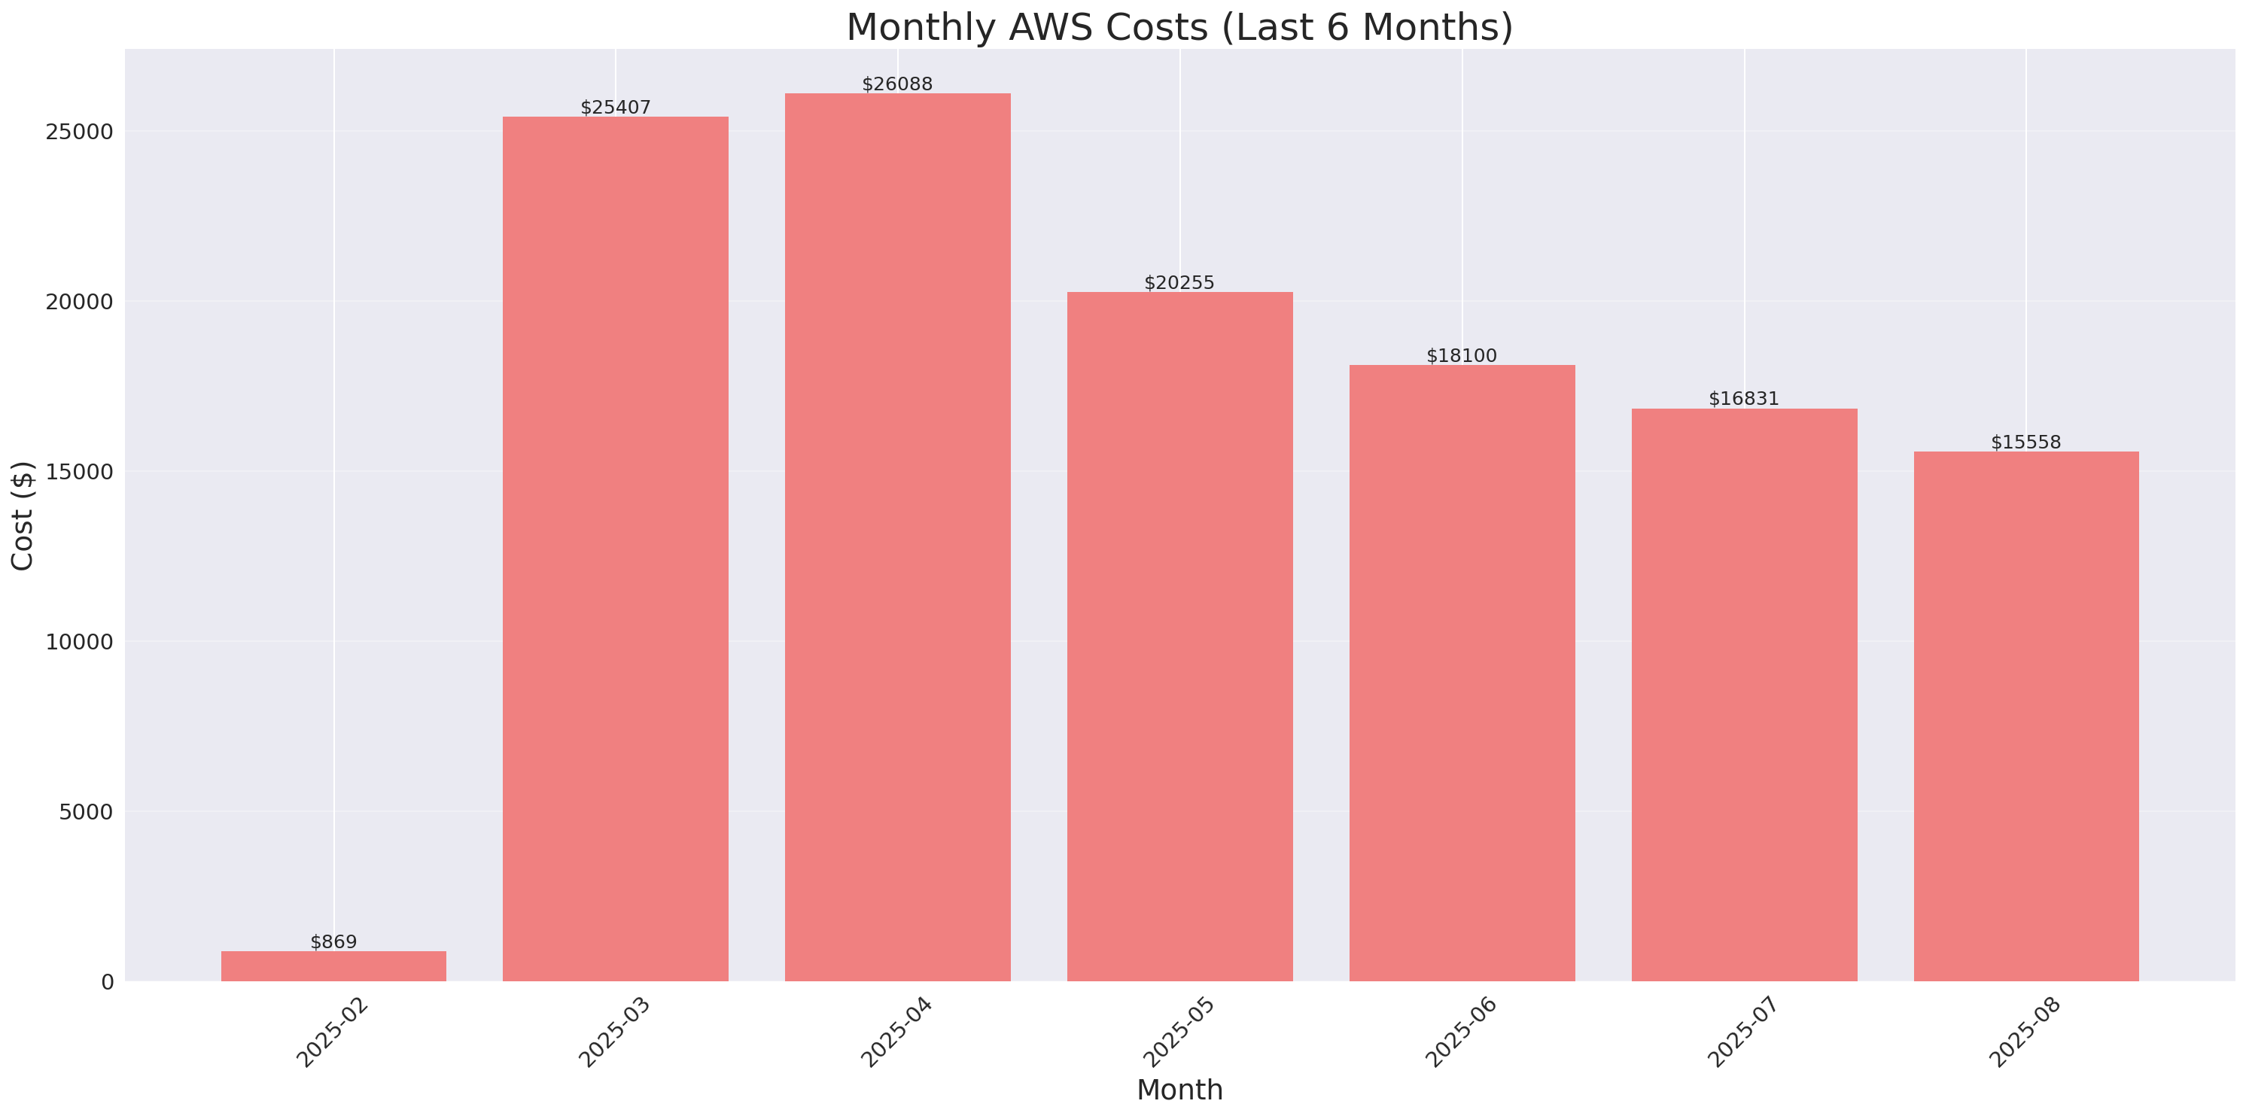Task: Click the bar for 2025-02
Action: [x=333, y=966]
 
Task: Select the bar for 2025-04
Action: [x=897, y=537]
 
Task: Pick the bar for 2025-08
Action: [x=2025, y=716]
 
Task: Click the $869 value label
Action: [x=333, y=941]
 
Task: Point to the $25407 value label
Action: [x=616, y=108]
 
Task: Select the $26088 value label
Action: [x=897, y=84]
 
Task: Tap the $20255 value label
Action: [x=1179, y=282]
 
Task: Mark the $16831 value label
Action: [x=1743, y=398]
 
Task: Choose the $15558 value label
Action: [x=2025, y=442]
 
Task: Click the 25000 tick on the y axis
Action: [x=79, y=132]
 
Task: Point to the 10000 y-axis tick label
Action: [x=79, y=642]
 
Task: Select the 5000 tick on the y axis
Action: [x=86, y=812]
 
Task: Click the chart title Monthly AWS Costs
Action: [x=1179, y=27]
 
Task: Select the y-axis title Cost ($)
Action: [x=22, y=515]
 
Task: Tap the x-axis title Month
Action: [x=1179, y=1090]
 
